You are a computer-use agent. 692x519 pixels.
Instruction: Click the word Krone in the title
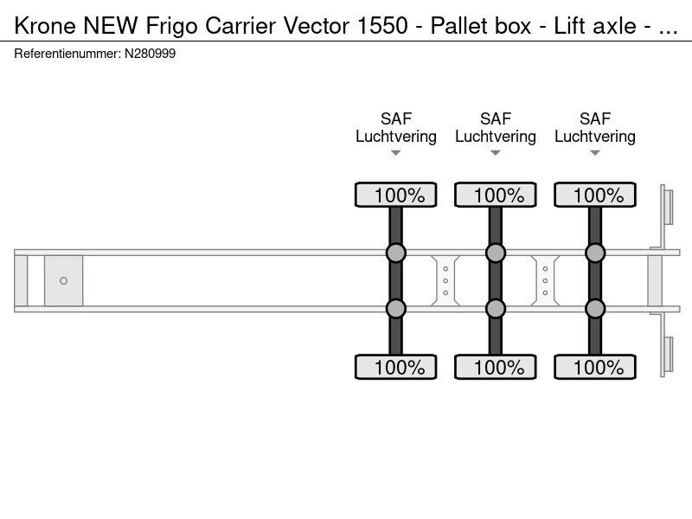[45, 26]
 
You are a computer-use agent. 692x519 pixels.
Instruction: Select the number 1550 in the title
[382, 26]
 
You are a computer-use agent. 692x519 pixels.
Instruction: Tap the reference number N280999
[150, 54]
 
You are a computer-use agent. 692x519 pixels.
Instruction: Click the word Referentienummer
[67, 54]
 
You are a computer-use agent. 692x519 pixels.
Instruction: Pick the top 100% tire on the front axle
[396, 195]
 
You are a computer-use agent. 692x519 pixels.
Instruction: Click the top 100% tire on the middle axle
[495, 195]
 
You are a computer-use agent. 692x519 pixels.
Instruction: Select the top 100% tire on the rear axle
[595, 195]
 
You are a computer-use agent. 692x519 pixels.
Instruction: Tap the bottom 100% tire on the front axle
[396, 367]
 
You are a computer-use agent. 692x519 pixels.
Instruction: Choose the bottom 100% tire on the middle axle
[495, 367]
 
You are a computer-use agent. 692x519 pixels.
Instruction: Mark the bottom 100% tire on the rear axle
[595, 367]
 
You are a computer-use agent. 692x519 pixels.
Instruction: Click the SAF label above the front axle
[396, 119]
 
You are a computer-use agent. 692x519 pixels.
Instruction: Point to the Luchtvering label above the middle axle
[495, 137]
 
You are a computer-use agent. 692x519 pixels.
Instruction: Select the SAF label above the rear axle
[595, 119]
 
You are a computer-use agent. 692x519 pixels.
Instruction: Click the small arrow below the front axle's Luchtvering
[396, 153]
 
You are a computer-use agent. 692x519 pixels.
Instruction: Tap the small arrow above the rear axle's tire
[595, 153]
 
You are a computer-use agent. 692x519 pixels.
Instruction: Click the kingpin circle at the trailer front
[63, 280]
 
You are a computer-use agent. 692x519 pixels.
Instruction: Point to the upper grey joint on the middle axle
[495, 253]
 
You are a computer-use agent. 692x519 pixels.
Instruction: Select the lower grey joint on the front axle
[396, 309]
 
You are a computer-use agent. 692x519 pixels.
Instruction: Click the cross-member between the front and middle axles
[445, 280]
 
